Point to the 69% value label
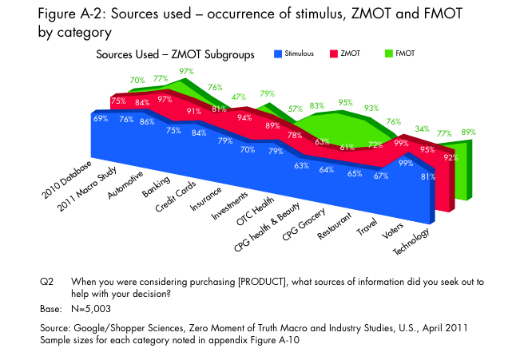click(x=101, y=119)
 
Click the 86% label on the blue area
click(x=146, y=123)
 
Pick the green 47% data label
click(x=237, y=97)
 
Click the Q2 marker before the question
click(x=47, y=281)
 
